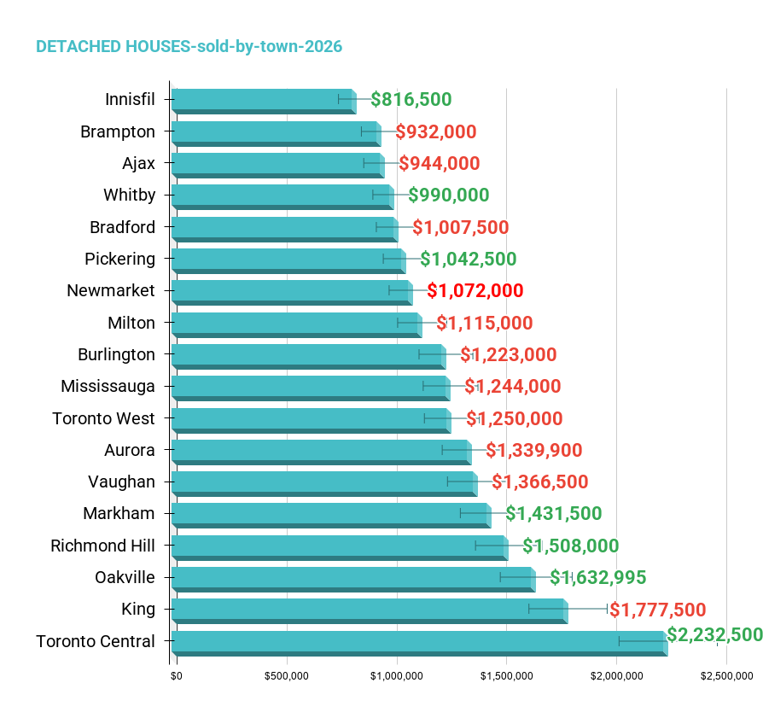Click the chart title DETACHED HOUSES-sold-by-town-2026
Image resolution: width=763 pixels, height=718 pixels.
pyautogui.click(x=189, y=47)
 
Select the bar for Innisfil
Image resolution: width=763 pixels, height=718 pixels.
pyautogui.click(x=264, y=102)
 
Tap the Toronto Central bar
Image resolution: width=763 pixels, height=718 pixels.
pyautogui.click(x=419, y=644)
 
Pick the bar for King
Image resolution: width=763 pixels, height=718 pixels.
pyautogui.click(x=370, y=611)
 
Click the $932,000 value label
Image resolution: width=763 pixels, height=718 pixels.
pyautogui.click(x=436, y=132)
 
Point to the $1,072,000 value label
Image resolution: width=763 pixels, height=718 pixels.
pyautogui.click(x=475, y=290)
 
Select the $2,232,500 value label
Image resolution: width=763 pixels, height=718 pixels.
pyautogui.click(x=714, y=635)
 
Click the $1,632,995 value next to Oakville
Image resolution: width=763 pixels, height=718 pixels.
pyautogui.click(x=598, y=578)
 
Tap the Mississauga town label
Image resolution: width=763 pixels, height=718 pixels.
pyautogui.click(x=108, y=387)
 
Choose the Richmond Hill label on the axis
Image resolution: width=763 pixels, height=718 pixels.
pyautogui.click(x=102, y=546)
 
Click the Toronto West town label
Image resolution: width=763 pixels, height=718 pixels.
pyautogui.click(x=103, y=418)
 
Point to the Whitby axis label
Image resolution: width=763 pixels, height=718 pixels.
pyautogui.click(x=130, y=196)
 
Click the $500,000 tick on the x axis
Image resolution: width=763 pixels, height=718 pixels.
pyautogui.click(x=287, y=676)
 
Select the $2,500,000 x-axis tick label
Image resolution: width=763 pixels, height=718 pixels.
pyautogui.click(x=727, y=676)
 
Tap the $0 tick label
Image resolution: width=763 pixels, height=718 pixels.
pyautogui.click(x=176, y=676)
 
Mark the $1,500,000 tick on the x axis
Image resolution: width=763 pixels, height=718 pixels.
pyautogui.click(x=507, y=676)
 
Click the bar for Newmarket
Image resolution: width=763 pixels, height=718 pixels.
pyautogui.click(x=292, y=293)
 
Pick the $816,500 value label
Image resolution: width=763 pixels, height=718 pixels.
pyautogui.click(x=411, y=99)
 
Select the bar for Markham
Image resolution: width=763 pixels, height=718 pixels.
pyautogui.click(x=331, y=516)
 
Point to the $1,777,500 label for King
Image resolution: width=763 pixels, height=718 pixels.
pyautogui.click(x=657, y=610)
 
